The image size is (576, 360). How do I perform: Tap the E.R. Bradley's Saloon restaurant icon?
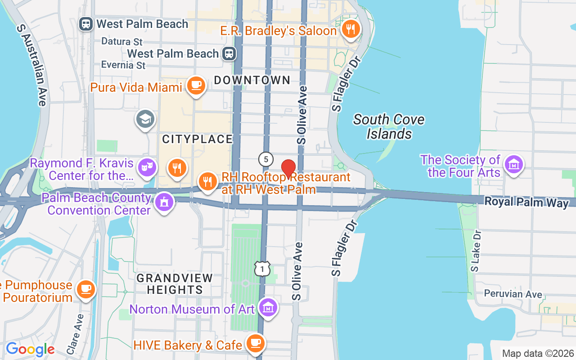point(350,29)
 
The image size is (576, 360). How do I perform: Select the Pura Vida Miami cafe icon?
point(195,85)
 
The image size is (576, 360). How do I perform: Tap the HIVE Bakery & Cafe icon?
point(256,343)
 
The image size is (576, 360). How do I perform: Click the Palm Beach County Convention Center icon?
point(164,203)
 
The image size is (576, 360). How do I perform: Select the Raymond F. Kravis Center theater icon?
point(147,167)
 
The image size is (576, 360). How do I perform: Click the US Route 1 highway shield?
point(262,269)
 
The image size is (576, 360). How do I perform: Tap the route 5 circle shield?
point(266,159)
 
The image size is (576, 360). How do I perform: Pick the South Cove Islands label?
point(389,126)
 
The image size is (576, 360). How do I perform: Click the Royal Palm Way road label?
point(526,202)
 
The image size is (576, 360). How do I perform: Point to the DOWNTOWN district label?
point(252,81)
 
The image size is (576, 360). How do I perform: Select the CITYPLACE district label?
point(197,139)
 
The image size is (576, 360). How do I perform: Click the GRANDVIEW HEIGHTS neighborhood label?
point(175,284)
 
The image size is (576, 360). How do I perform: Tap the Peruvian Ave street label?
point(513,294)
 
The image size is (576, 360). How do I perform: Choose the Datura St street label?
point(122,41)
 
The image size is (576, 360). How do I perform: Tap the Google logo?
point(30,349)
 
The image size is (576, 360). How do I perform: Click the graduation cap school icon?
point(145,119)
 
